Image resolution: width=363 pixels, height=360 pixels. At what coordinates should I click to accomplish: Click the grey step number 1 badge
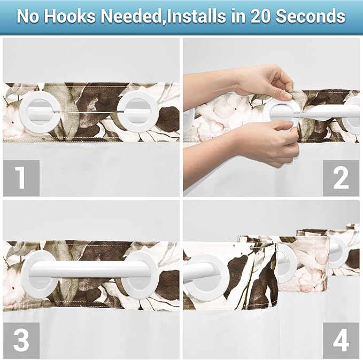[x=21, y=178]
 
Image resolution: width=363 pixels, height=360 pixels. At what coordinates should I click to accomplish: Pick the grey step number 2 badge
[x=341, y=178]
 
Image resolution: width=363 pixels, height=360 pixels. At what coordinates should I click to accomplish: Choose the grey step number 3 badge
[x=21, y=341]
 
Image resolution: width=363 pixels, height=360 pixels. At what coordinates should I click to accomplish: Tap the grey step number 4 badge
[x=341, y=341]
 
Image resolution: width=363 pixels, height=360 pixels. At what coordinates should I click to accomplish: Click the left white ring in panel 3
[x=38, y=274]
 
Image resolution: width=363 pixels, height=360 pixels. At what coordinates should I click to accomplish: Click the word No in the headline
[x=28, y=16]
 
